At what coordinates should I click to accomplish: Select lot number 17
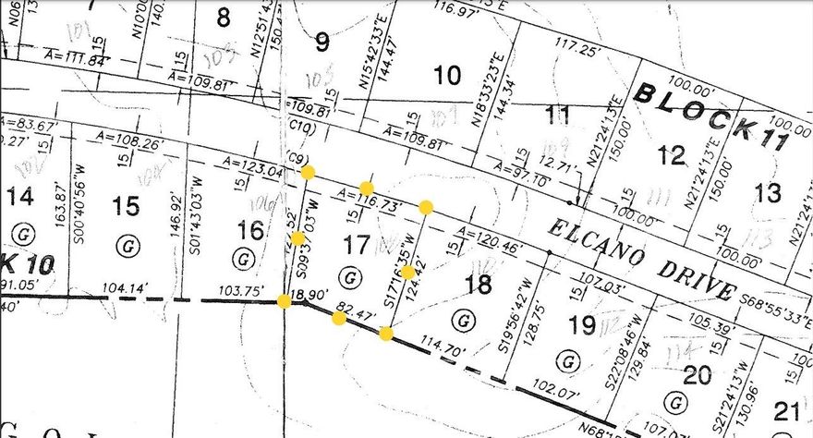[x=355, y=245]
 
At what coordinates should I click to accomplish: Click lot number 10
[x=447, y=76]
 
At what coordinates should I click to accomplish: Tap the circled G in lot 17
[x=348, y=275]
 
